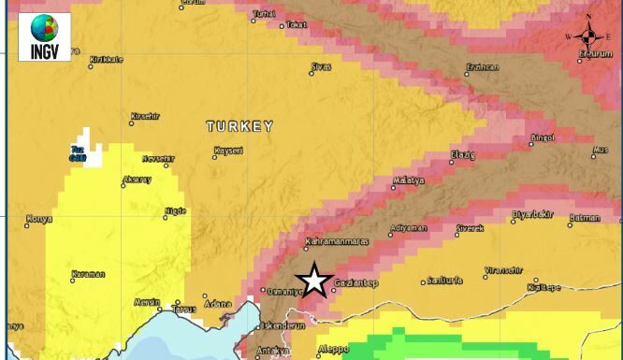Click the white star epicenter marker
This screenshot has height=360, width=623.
314,281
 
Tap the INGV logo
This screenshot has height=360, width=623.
44,36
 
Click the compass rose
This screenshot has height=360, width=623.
588,36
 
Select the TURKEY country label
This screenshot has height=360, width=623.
239,126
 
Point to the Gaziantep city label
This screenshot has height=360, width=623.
357,283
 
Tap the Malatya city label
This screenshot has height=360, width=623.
409,180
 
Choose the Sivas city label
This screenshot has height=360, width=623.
322,66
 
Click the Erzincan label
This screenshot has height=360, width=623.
483,67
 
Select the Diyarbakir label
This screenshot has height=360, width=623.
533,215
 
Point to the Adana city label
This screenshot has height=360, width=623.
218,303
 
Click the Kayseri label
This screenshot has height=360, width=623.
229,151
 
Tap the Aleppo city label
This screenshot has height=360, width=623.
333,350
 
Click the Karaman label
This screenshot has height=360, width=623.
89,274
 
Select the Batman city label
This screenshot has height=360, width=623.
585,218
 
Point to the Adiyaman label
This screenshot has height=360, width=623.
409,227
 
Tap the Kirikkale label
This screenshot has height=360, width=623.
106,60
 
